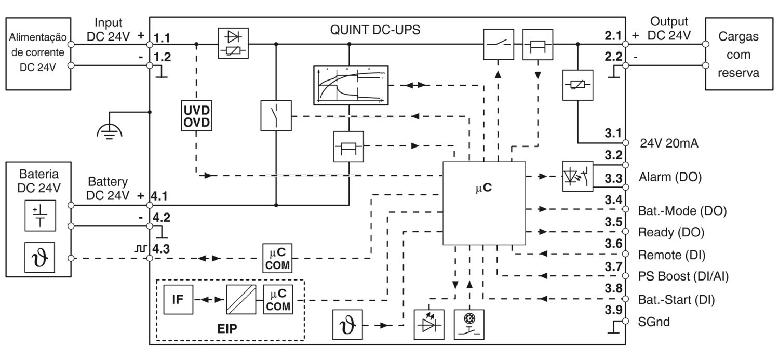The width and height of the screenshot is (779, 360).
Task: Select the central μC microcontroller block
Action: click(483, 203)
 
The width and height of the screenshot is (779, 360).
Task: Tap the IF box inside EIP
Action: click(177, 299)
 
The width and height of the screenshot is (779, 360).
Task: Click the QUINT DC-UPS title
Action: click(375, 30)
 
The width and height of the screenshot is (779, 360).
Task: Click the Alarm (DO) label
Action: click(669, 177)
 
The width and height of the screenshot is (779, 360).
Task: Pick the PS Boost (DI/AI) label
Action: click(683, 276)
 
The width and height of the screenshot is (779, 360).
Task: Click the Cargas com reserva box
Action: click(738, 54)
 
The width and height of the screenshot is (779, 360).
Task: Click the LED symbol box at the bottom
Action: click(429, 325)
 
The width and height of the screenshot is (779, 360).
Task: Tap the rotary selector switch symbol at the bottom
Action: click(469, 325)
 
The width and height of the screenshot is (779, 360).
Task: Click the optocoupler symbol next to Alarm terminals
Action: click(577, 177)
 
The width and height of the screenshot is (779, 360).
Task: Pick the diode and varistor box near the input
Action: click(233, 44)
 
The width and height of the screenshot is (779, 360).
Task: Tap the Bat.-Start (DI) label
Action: click(676, 300)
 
